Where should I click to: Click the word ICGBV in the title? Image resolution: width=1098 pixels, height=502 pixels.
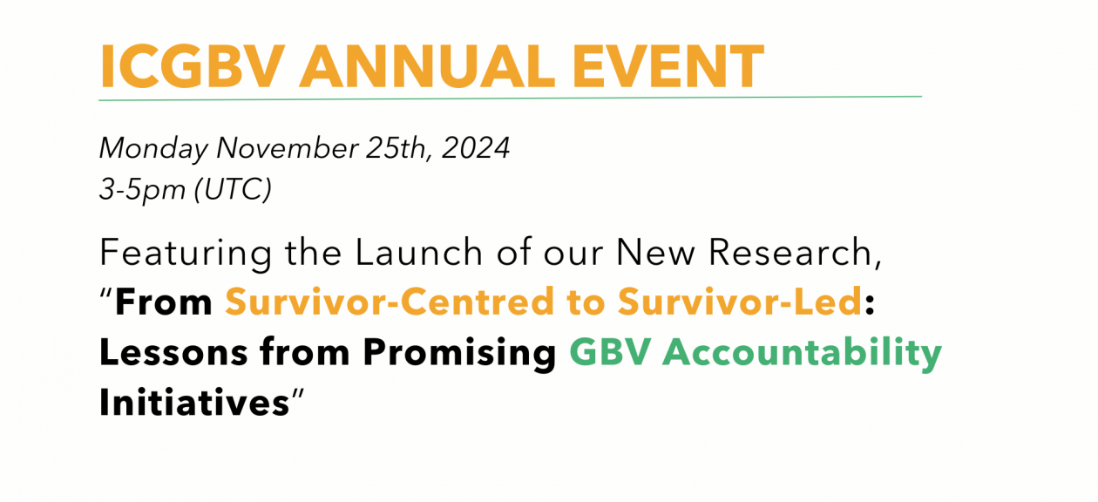click(192, 66)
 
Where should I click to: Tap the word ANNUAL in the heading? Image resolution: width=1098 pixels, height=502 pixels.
click(428, 66)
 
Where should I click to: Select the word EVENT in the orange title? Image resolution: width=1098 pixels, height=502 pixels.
click(668, 66)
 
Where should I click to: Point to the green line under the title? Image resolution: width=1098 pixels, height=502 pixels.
click(510, 98)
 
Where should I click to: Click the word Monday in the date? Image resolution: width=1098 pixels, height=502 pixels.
click(153, 148)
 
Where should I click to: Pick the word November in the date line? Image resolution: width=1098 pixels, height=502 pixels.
click(288, 147)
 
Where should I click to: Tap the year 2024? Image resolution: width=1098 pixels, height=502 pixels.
click(476, 147)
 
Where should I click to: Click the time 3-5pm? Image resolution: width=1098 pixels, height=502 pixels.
click(142, 190)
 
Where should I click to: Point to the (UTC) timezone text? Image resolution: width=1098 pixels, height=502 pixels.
click(233, 189)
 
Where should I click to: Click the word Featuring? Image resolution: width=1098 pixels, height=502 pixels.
click(186, 254)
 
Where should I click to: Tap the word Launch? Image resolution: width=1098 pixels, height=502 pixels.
click(419, 253)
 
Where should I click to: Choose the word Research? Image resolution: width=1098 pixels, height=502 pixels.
click(795, 253)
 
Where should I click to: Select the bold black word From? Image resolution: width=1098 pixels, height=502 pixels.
click(163, 302)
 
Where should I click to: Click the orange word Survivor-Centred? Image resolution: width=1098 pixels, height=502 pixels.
click(390, 302)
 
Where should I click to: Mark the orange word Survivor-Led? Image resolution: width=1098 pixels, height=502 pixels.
click(739, 302)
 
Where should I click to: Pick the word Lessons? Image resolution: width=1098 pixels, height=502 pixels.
click(173, 352)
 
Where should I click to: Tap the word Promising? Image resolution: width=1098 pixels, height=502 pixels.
click(459, 353)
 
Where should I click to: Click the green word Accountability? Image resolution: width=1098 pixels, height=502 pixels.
click(802, 353)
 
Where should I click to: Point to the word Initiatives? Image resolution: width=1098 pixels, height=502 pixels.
click(194, 403)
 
